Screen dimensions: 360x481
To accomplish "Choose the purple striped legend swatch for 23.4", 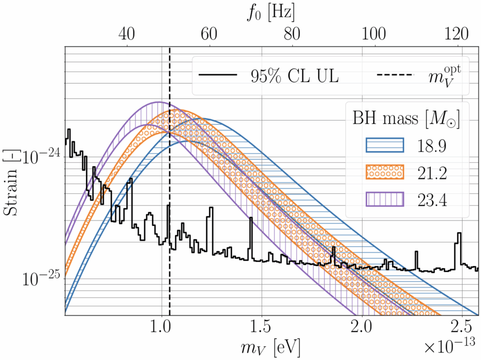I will coord(384,200).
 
